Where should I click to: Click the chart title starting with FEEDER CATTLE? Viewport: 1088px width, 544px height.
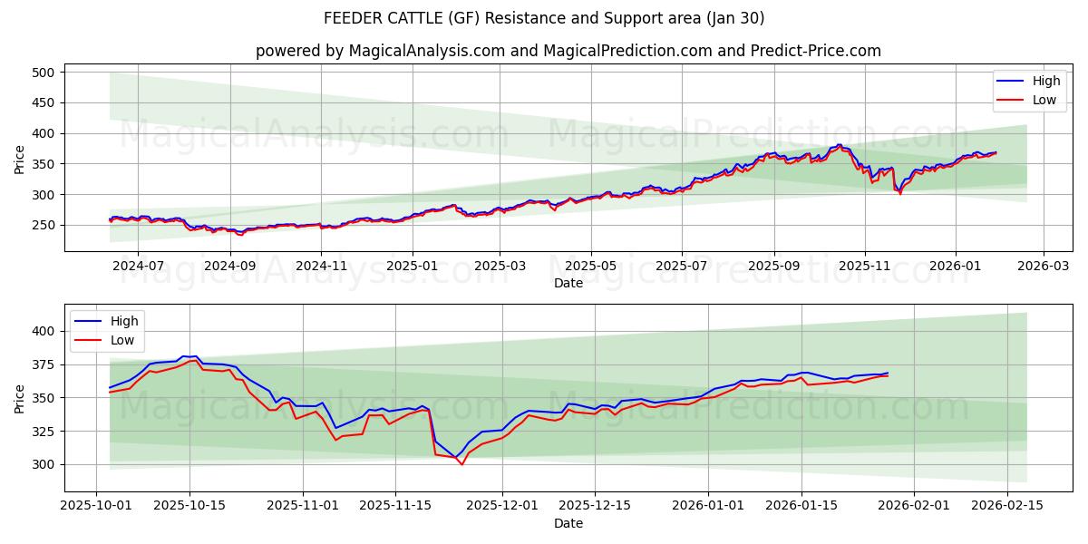pos(543,18)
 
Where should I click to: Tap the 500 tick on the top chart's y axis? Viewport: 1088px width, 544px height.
pos(44,72)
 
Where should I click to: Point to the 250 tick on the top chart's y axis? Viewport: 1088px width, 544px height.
pos(44,225)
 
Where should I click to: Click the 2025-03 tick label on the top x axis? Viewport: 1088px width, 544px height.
pos(500,266)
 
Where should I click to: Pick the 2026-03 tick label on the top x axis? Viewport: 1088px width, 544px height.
pos(1043,266)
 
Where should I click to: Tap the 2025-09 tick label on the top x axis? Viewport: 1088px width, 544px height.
pos(774,266)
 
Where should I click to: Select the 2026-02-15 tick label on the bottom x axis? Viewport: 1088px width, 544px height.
pos(1007,506)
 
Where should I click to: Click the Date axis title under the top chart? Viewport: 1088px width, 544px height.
pos(568,283)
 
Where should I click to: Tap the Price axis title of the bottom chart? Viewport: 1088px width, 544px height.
pos(20,397)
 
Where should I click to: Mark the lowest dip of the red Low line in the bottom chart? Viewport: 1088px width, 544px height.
pos(461,465)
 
